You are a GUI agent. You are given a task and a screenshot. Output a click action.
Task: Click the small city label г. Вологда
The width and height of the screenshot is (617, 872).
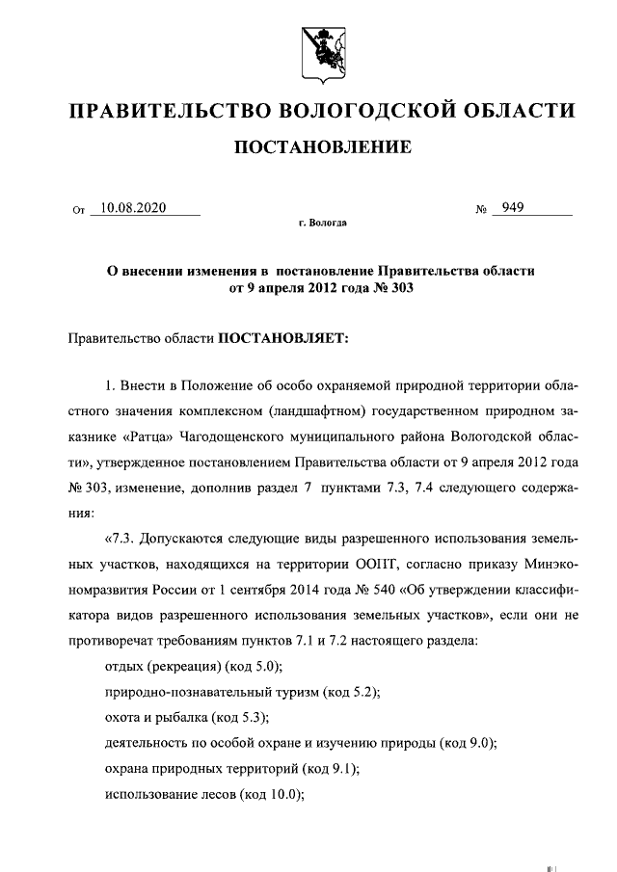pyautogui.click(x=322, y=224)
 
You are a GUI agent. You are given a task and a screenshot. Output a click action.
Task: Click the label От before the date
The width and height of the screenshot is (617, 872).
pyautogui.click(x=79, y=209)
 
